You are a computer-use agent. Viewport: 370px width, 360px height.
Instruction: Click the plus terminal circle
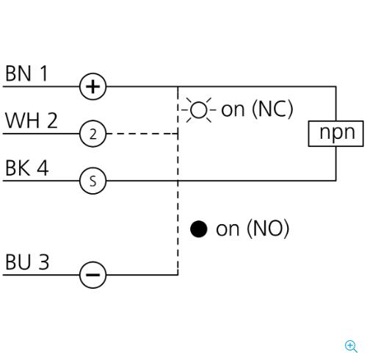[93, 87]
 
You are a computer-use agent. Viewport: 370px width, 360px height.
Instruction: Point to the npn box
[335, 134]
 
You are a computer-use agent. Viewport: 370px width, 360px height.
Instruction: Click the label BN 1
[26, 73]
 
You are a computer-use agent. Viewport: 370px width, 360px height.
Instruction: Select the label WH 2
[32, 120]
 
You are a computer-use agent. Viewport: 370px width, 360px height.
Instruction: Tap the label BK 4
[27, 168]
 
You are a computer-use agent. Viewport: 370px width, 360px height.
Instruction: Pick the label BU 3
[27, 262]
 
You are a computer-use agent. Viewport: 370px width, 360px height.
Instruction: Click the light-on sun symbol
[199, 110]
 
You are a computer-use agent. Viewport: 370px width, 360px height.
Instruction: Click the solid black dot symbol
[199, 229]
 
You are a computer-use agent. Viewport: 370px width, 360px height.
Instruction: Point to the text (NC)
[272, 109]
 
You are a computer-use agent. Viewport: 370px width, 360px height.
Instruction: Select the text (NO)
[268, 228]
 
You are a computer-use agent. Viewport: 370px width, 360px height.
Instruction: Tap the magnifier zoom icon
[351, 346]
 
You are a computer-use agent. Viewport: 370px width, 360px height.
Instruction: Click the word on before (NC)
[233, 109]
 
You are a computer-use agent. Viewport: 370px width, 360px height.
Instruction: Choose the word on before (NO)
[228, 229]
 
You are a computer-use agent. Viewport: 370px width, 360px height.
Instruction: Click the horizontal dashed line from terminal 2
[142, 134]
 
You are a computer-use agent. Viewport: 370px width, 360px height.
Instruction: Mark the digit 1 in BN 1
[44, 73]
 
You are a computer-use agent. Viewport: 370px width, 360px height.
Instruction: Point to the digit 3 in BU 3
[44, 262]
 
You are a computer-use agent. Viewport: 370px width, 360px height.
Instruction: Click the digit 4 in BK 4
[43, 168]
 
